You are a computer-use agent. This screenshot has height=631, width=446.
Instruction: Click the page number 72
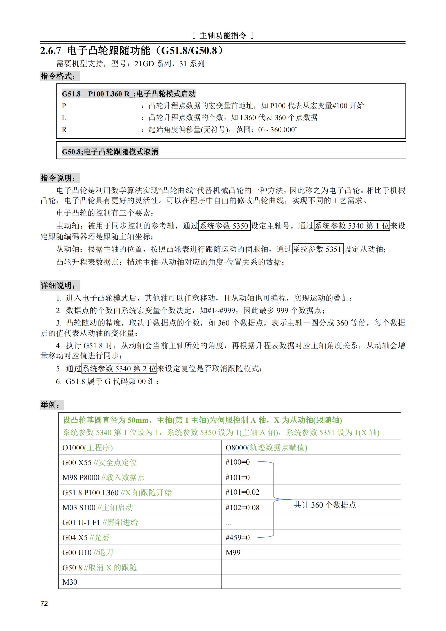coord(44,603)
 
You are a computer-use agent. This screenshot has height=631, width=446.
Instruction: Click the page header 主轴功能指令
coord(223,35)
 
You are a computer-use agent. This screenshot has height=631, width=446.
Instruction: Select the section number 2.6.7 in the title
coord(51,51)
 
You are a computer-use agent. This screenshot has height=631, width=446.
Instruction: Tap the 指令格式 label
coord(58,76)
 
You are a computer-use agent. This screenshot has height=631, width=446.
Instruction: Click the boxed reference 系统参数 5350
coord(224,226)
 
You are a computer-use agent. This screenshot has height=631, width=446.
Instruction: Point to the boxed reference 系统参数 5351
coord(318,249)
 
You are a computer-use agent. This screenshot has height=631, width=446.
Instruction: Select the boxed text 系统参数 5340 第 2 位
coord(119,368)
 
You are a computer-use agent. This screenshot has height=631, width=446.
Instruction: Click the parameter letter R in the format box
coord(64,130)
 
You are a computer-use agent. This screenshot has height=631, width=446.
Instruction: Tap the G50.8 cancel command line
coord(110,152)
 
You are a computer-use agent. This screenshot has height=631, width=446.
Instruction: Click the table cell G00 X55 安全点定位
coord(99,462)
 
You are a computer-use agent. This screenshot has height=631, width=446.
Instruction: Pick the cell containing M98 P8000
coord(103,477)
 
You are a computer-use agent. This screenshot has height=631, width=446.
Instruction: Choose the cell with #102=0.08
coord(242,507)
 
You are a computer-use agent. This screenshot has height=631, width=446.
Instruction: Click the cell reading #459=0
coord(237,537)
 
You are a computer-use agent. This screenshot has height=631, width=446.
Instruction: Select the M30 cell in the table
coord(70,582)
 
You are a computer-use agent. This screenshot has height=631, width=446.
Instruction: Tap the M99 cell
coord(233,553)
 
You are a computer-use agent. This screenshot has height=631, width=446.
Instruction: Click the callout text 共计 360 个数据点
coord(325,505)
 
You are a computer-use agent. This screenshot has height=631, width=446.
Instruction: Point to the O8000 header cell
coord(266,447)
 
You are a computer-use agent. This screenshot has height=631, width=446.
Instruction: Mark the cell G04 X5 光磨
coord(86,537)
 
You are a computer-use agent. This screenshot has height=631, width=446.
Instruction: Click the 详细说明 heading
coord(58,286)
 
